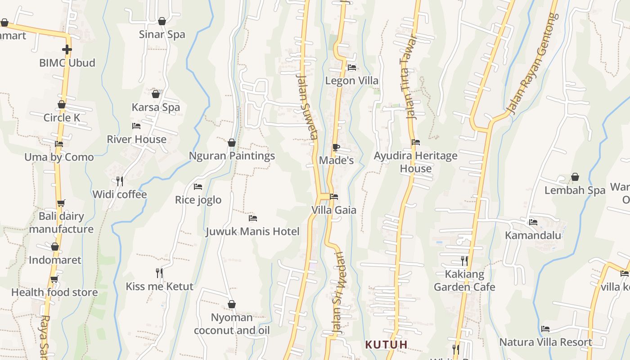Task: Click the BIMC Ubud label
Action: pos(67,63)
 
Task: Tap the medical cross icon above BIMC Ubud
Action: pos(67,49)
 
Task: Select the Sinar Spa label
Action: pos(162,34)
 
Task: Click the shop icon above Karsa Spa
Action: pos(156,94)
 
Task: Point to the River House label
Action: pos(136,139)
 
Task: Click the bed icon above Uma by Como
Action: pos(59,144)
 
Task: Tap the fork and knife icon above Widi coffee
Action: pos(120,181)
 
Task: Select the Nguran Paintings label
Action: pos(232,156)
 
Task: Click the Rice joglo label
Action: pos(198,200)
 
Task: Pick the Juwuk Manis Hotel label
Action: pos(252,231)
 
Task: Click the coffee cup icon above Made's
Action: pos(336,147)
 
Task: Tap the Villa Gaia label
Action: pos(334,210)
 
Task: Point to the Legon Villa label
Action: pos(351,81)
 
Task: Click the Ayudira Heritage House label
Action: pos(416,162)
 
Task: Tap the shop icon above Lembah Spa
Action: pos(575,177)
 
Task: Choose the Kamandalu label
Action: pos(533,235)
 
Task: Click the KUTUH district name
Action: pos(386,345)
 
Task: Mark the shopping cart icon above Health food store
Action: pos(54,279)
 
